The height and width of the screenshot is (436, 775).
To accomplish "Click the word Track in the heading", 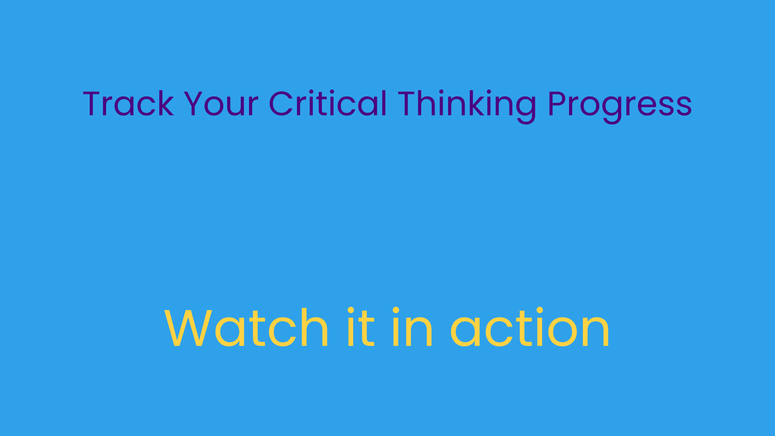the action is pos(128,104).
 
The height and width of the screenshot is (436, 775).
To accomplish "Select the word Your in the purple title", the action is pos(221,104).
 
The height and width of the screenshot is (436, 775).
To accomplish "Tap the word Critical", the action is pos(328,103).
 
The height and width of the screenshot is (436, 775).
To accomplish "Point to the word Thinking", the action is pos(467,106).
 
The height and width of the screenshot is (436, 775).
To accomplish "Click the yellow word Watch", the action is pos(246,327).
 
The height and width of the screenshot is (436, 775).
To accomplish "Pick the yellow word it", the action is pos(361,327).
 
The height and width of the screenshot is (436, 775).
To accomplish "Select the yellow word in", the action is pos(412,327).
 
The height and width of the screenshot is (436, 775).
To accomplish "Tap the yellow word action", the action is pos(529,327).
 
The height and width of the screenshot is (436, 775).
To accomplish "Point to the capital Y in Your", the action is pos(194,104).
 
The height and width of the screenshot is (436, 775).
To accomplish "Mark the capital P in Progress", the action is pos(558,104).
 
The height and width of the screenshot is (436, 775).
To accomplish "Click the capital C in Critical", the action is pos(281,104).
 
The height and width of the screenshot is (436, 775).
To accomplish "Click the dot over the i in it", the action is pos(351,310).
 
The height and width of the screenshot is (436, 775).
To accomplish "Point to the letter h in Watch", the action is pos(315,327).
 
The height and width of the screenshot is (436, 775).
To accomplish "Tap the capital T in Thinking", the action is pos(408,104).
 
